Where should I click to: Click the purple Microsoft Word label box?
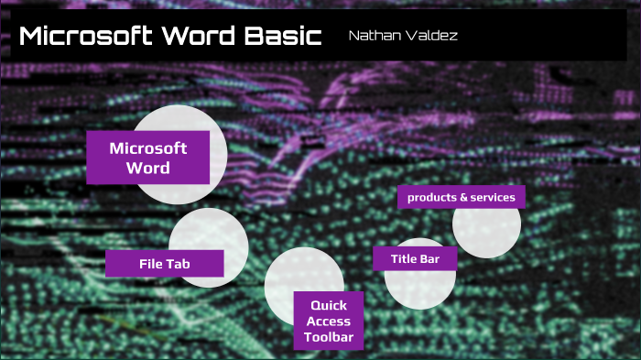(147, 158)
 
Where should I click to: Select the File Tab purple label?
(164, 264)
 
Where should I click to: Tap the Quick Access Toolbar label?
(328, 322)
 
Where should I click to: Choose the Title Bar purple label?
(415, 259)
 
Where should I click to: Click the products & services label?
(461, 197)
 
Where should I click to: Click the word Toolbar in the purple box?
(328, 338)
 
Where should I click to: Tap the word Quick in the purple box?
(328, 306)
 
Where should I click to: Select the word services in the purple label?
(493, 197)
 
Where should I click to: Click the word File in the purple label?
(150, 264)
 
